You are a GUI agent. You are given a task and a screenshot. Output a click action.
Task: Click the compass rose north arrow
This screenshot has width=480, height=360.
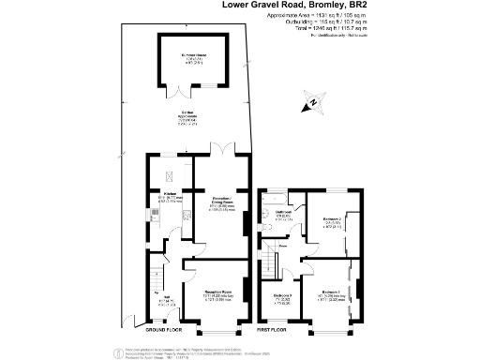click(x=312, y=102)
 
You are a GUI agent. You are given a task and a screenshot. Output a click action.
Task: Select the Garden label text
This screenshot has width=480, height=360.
click(x=196, y=119)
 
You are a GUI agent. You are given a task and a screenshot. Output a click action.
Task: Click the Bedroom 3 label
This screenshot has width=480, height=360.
click(x=283, y=298)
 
